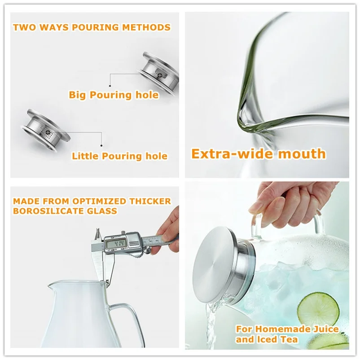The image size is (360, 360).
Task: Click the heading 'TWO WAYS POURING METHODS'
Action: coord(92,27)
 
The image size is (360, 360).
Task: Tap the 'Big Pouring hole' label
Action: coord(113,95)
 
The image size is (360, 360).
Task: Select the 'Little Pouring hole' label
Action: coord(119,156)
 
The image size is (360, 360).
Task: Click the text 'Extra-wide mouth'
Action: coord(258,154)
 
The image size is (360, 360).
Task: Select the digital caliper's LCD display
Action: coord(115,244)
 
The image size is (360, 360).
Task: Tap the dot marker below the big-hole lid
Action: coord(110,84)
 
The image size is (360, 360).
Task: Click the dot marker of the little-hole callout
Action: coord(102,145)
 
